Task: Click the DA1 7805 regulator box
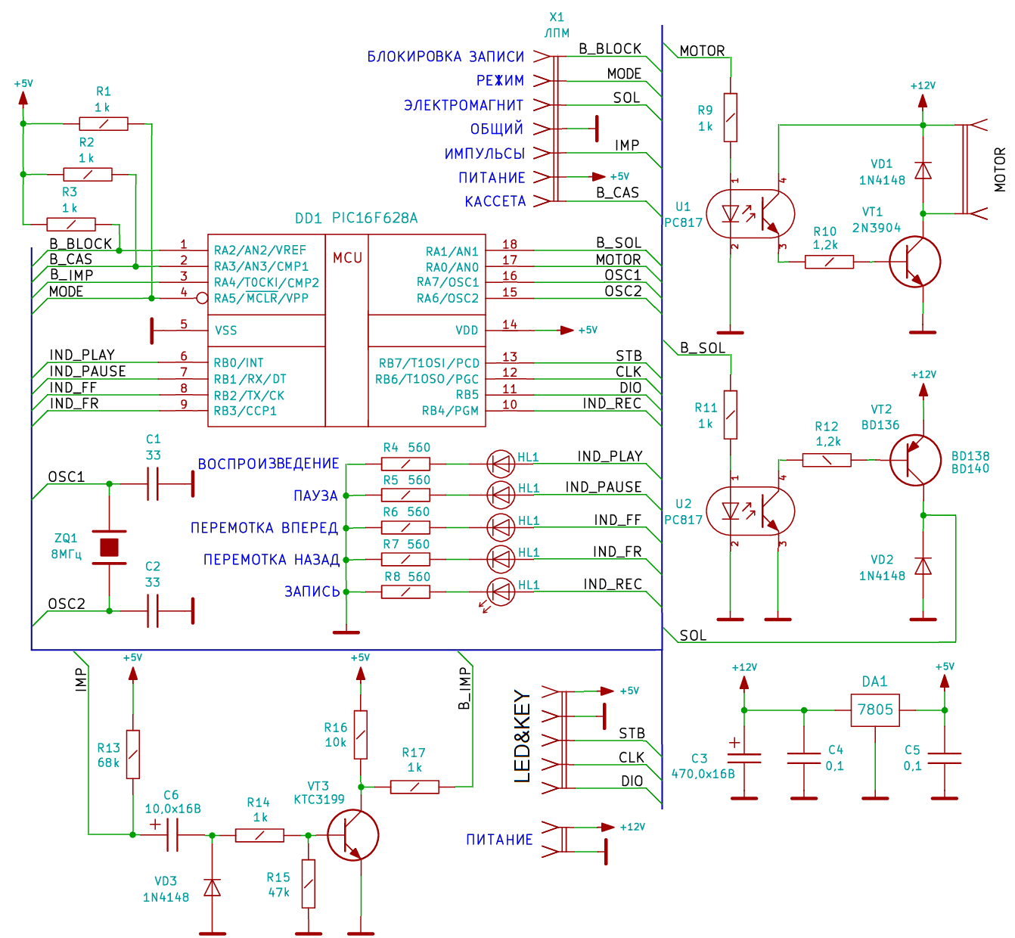(875, 710)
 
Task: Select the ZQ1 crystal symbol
(110, 547)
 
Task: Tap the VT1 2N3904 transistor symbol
(914, 262)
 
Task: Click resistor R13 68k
(133, 754)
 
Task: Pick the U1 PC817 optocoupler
(750, 214)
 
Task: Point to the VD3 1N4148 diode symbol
(213, 887)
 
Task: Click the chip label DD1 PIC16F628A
(355, 218)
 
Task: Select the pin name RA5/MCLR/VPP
(261, 298)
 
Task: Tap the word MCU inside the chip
(347, 258)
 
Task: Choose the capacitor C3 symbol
(744, 756)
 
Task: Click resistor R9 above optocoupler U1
(730, 117)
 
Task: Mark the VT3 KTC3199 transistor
(352, 835)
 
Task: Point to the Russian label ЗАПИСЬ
(312, 592)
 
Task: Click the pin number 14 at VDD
(510, 325)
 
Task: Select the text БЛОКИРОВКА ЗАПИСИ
(445, 57)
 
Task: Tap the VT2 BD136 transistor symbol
(914, 460)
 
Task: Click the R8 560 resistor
(405, 592)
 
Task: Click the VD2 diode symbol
(923, 566)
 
